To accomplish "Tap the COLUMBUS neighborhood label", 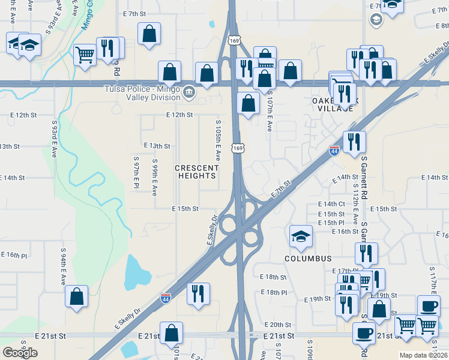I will pos(308,259).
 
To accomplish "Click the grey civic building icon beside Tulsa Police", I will pos(189,92).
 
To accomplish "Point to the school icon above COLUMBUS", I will pos(301,236).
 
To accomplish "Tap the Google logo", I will pos(20,353).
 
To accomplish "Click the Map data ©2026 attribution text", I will pos(424,355).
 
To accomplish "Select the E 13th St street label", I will pos(157,146).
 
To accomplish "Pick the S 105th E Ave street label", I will pos(218,139).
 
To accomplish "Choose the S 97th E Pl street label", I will pos(137,173).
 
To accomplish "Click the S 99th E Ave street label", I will pos(154,177).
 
